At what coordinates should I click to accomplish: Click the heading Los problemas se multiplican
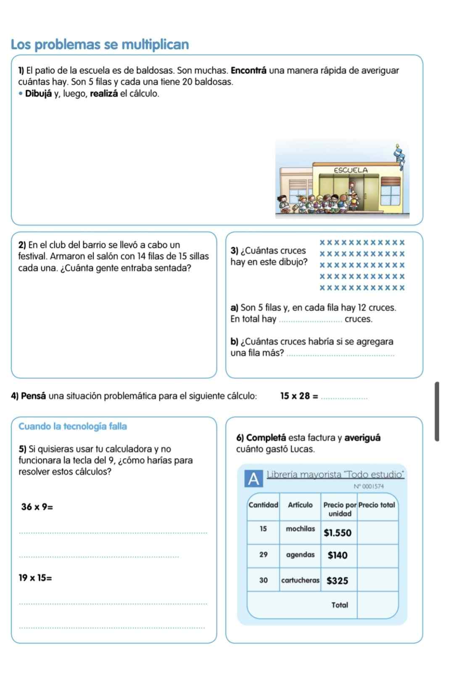click(x=100, y=44)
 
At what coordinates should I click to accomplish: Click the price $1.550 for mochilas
click(x=337, y=533)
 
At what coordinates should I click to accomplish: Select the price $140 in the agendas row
click(x=338, y=555)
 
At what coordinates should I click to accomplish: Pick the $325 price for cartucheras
click(x=338, y=581)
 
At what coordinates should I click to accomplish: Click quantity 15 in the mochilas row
click(x=263, y=529)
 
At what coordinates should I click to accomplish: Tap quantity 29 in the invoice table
click(x=263, y=554)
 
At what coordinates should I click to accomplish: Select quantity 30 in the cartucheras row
click(x=263, y=580)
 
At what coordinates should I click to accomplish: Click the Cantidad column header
click(x=264, y=505)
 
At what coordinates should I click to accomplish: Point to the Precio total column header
click(x=377, y=505)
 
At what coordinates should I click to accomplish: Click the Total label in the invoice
click(x=340, y=605)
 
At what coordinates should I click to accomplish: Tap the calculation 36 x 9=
click(x=37, y=506)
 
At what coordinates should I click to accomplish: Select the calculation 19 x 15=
click(x=36, y=578)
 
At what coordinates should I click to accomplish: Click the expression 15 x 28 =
click(x=299, y=396)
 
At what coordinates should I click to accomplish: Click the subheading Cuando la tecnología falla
click(x=73, y=426)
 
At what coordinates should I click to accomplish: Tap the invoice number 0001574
click(x=370, y=486)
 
